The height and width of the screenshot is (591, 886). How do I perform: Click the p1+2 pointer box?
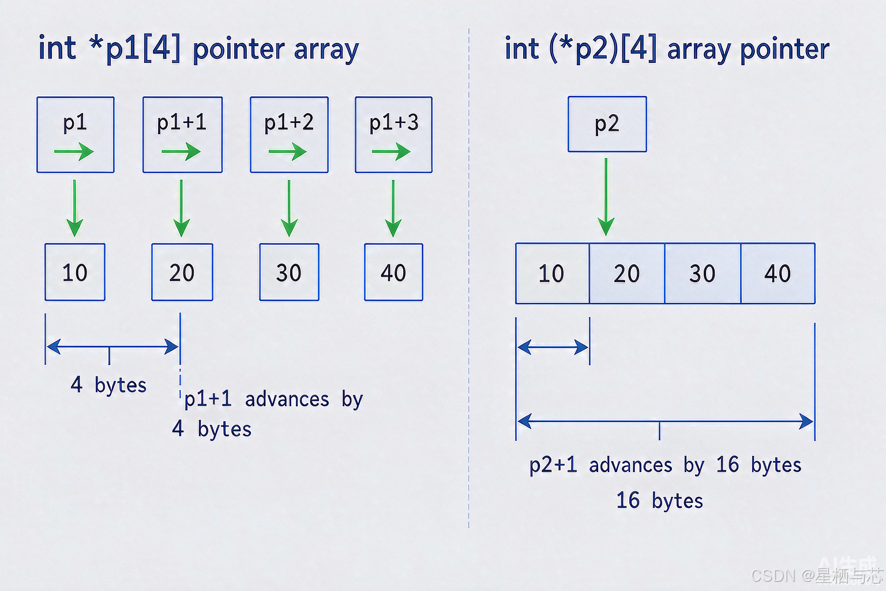click(x=289, y=134)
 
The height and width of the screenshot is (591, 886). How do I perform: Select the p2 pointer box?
click(x=607, y=124)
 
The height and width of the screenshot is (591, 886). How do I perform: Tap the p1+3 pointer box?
click(x=393, y=134)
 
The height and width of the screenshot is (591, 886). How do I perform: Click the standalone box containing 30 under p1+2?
click(x=289, y=272)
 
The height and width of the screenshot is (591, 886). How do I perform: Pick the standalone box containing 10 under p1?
click(x=75, y=272)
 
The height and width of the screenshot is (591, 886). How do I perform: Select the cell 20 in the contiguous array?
click(x=627, y=273)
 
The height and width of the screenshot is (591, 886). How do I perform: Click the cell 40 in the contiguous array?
click(x=778, y=273)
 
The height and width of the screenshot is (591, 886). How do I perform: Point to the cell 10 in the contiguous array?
click(x=552, y=273)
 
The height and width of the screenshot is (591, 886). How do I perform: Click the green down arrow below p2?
click(x=606, y=197)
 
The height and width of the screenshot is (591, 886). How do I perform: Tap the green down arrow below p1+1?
click(x=181, y=208)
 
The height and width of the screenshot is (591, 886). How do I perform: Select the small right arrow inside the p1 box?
click(x=74, y=152)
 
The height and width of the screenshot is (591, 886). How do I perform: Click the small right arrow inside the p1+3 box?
click(x=391, y=152)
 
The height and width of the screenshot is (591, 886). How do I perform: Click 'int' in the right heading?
click(x=522, y=49)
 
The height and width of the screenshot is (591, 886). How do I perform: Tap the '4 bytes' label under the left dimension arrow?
click(x=108, y=385)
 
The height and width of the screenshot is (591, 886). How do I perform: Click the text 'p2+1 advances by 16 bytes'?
click(x=665, y=465)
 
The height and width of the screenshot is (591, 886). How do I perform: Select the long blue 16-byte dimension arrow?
click(x=665, y=421)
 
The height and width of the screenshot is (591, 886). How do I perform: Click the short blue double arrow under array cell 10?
click(x=553, y=347)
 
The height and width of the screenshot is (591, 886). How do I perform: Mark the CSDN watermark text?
click(x=817, y=575)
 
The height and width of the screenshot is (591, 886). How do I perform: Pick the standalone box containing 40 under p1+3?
click(x=393, y=272)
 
